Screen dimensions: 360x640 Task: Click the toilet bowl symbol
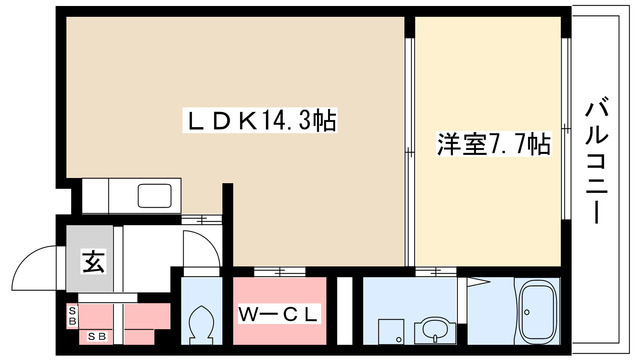coord(199,322)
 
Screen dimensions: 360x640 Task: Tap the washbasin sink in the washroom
coord(433,328)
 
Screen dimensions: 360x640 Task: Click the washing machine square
coord(387,328)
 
